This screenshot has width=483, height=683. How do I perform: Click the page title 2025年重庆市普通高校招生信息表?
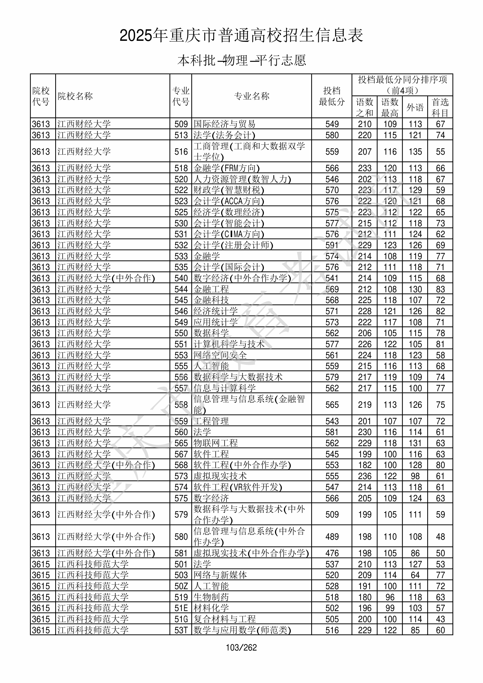pos(241,36)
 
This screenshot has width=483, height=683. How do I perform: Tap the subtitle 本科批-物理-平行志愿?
pos(241,60)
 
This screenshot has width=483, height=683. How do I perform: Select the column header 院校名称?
pos(75,96)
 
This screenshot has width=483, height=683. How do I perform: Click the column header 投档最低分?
pos(331,96)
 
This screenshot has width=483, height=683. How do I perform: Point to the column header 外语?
pos(415,107)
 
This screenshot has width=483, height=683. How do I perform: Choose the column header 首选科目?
pos(440,107)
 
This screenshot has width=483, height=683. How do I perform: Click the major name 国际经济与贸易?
pos(224,124)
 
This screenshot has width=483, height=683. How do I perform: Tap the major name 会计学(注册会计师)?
pos(233,245)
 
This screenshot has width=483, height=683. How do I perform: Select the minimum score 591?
pos(332,245)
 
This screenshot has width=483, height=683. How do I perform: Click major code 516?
pos(181,152)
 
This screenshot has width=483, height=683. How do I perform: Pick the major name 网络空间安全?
pos(220,355)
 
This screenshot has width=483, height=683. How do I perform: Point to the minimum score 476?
pos(332,553)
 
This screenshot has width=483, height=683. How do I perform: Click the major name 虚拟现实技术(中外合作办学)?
pos(251,553)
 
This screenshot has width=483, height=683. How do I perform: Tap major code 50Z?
pos(181,586)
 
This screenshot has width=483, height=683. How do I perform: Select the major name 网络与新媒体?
pos(220,575)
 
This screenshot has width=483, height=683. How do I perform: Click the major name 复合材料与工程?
pos(224,619)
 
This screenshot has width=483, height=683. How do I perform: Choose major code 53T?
pos(181,630)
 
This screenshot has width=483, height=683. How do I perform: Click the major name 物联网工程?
pos(216,443)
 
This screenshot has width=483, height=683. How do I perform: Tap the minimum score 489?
pos(332,537)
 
